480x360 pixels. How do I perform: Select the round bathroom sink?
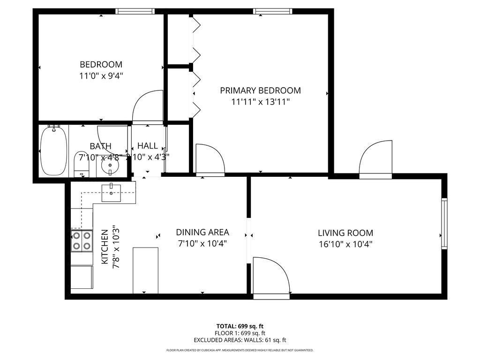pos(111,165)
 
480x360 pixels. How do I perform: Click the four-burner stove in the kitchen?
pos(81,240)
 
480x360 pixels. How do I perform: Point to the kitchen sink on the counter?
pos(112,193)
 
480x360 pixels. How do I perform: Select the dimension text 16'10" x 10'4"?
pos(345,244)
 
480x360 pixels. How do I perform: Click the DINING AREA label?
pos(202,232)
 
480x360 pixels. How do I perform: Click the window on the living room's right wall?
pos(444,223)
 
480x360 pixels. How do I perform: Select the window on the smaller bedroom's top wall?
pos(135,11)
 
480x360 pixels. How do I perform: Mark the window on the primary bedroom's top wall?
pos(272,11)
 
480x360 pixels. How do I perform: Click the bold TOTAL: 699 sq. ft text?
pos(240,326)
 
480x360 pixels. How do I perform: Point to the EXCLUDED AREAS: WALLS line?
pos(240,340)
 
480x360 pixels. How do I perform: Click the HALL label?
pos(147,146)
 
